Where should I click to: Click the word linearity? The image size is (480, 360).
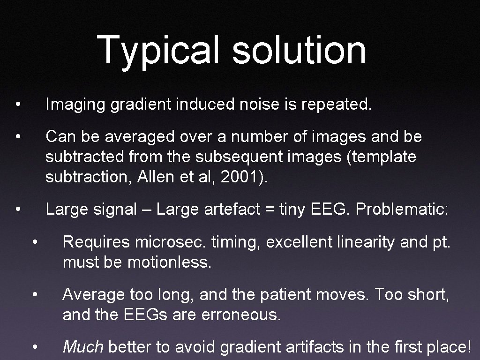pos(356,242)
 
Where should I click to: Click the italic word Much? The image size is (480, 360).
pos(83,347)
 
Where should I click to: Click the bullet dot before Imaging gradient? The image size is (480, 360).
pos(17,105)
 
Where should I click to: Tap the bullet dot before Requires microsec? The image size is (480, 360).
pos(34,242)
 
